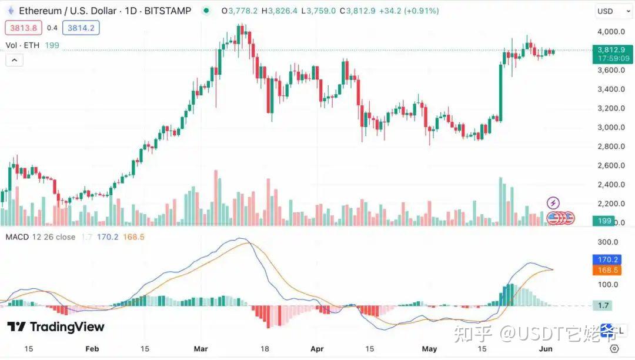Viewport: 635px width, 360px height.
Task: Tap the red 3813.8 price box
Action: (22, 28)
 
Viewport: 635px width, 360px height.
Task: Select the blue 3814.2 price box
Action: (83, 28)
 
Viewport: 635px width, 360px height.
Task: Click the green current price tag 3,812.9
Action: (613, 50)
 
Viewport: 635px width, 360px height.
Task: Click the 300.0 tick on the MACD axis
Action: (607, 242)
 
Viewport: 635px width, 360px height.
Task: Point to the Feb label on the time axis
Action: (92, 349)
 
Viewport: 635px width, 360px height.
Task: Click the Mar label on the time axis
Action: (201, 349)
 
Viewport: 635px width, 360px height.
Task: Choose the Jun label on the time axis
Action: (546, 349)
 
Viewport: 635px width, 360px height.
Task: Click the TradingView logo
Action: (56, 327)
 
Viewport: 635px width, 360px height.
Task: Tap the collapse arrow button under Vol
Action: (14, 59)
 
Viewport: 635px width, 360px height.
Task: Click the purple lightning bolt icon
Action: (553, 204)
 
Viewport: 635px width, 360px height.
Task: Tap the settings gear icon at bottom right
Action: (614, 349)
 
